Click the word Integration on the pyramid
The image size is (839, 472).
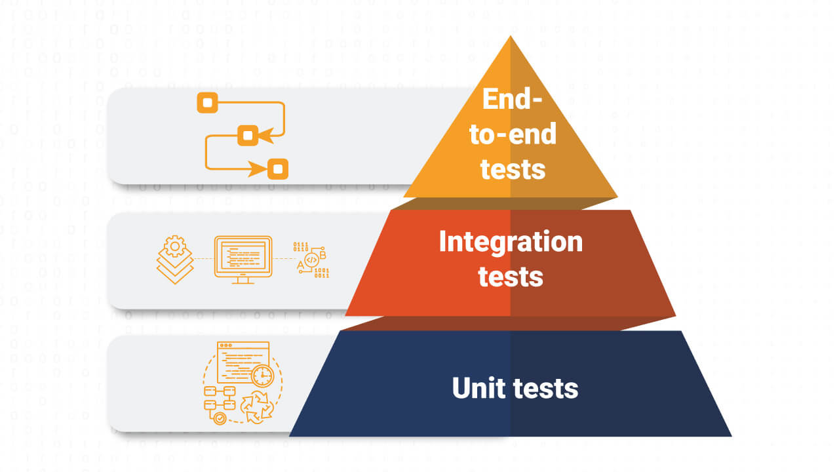[x=511, y=242]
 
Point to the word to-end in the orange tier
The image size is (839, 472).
[x=513, y=134]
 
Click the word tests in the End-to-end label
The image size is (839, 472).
[x=513, y=168]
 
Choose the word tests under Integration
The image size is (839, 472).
[x=511, y=276]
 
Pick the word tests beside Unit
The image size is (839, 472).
[x=546, y=388]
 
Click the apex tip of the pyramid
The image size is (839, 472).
[x=510, y=37]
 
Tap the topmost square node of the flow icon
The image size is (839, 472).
[x=207, y=103]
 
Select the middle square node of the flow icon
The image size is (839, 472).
[x=248, y=135]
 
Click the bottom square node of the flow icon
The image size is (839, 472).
[x=278, y=168]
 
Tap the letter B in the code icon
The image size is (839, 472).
[x=322, y=254]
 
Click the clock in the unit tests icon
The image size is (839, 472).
[x=262, y=376]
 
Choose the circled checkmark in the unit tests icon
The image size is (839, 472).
[x=220, y=416]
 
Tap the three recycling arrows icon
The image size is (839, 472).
[x=258, y=407]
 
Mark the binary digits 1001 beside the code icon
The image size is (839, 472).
[x=322, y=270]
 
